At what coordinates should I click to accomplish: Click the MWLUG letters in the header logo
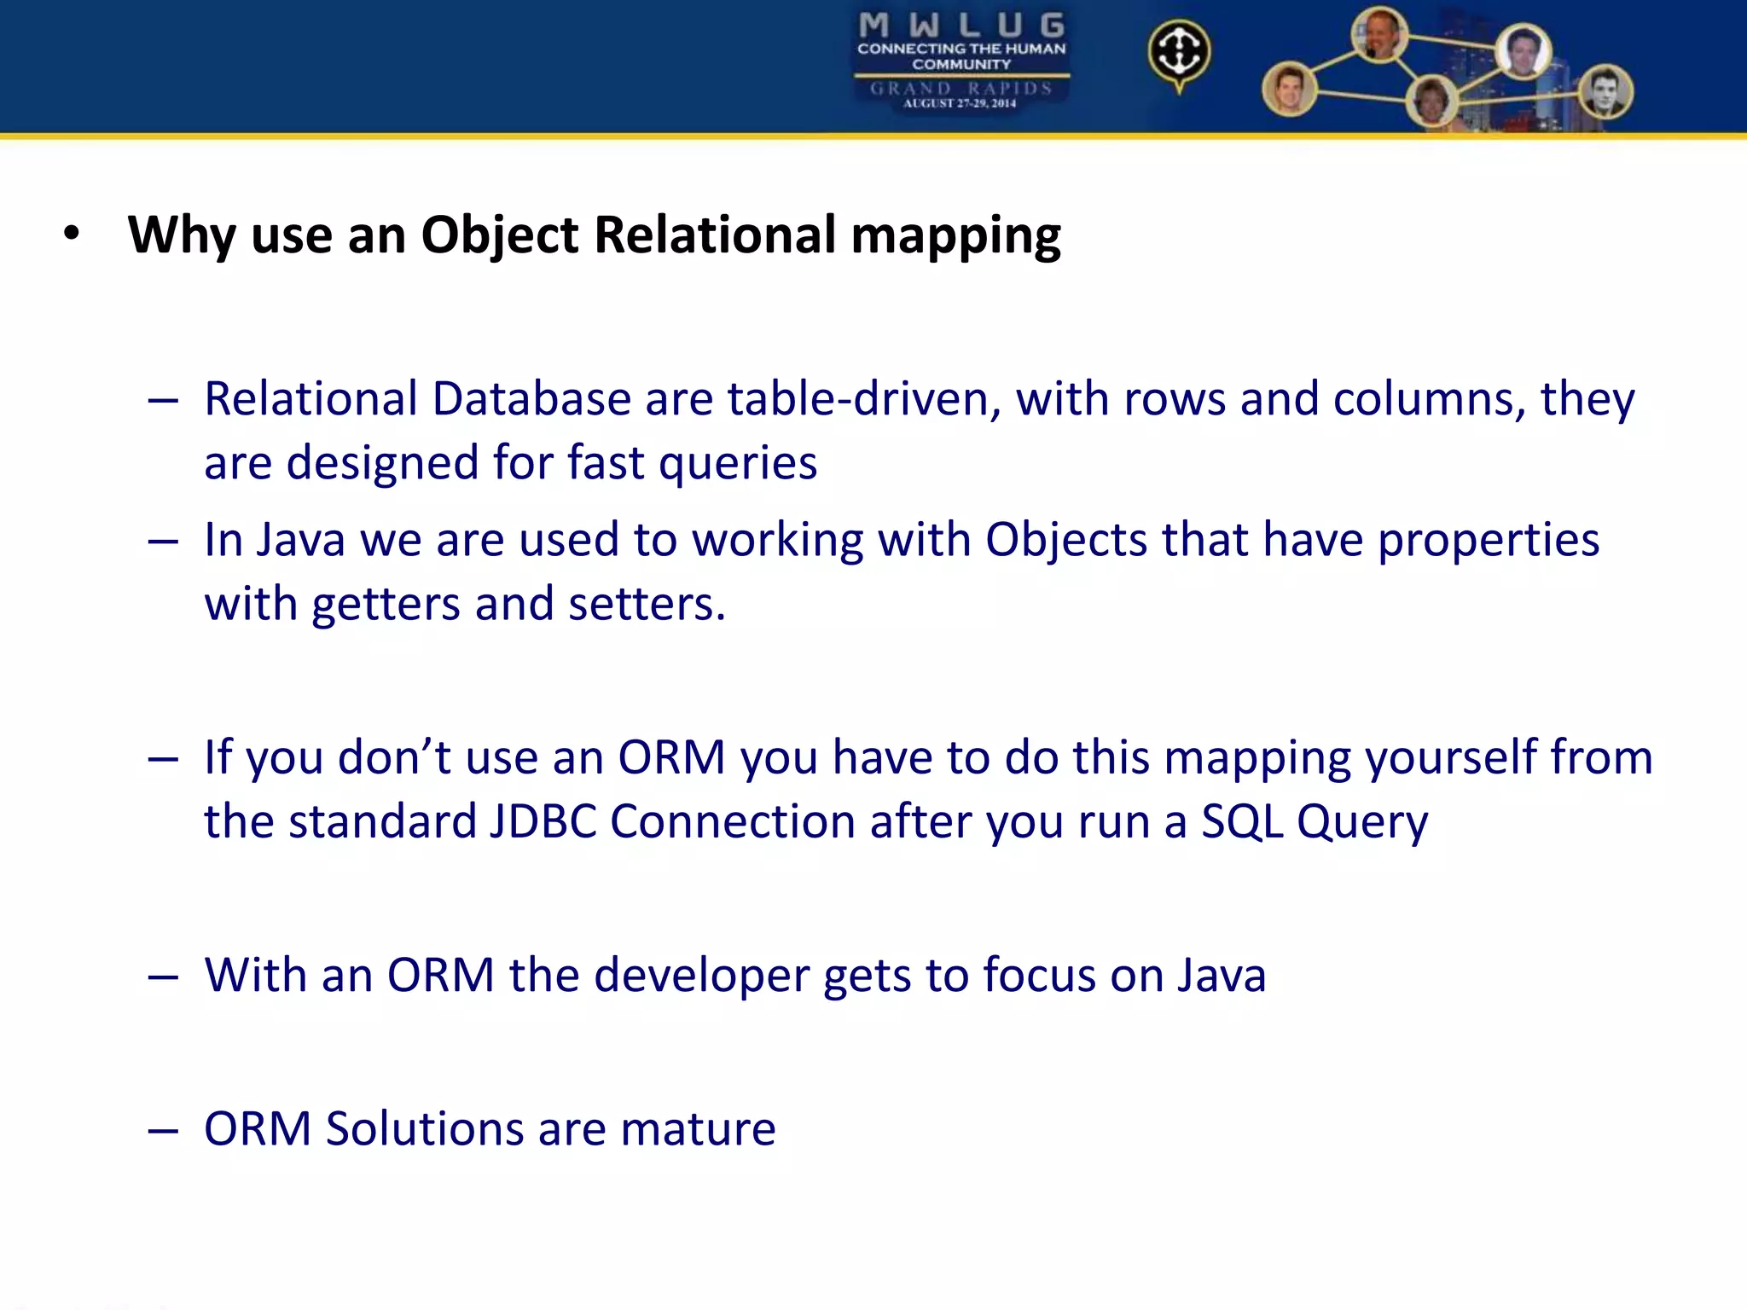coord(961,25)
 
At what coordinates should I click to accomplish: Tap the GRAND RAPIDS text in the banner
coord(961,88)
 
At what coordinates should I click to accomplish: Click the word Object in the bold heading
coord(500,235)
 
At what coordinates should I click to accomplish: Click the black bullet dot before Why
coord(72,234)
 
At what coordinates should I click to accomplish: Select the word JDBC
coord(543,821)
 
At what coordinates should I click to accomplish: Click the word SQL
coord(1242,822)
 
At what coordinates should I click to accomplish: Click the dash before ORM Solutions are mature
coord(163,1131)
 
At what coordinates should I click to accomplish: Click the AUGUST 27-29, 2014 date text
coord(960,103)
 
